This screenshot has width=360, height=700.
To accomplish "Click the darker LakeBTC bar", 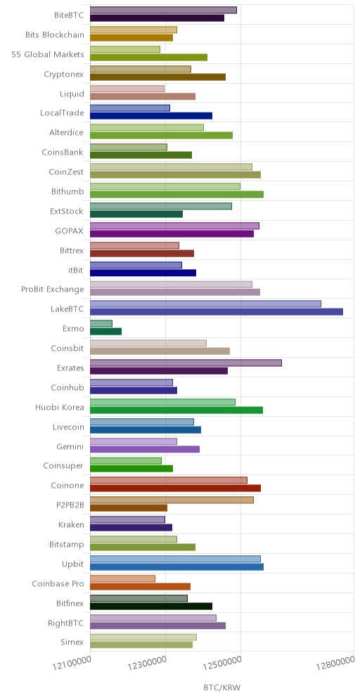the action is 217,311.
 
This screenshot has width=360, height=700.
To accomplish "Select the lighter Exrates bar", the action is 186,363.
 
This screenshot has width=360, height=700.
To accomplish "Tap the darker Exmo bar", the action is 106,331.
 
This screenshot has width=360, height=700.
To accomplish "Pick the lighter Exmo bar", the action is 101,324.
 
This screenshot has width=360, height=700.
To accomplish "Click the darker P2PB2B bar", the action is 129,508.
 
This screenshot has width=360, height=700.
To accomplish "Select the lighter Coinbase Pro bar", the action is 123,578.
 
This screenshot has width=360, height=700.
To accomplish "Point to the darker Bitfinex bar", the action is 151,606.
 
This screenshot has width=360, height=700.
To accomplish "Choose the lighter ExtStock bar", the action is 161,206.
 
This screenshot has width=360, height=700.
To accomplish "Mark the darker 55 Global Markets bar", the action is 149,57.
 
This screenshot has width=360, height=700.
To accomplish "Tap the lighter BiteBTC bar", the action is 163,11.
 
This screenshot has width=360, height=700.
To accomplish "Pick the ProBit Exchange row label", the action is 53,290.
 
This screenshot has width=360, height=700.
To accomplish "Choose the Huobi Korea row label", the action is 60,407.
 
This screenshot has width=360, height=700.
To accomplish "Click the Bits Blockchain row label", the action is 55,36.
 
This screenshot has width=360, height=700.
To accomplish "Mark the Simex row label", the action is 72,642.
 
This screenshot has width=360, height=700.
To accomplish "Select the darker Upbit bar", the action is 177,567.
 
